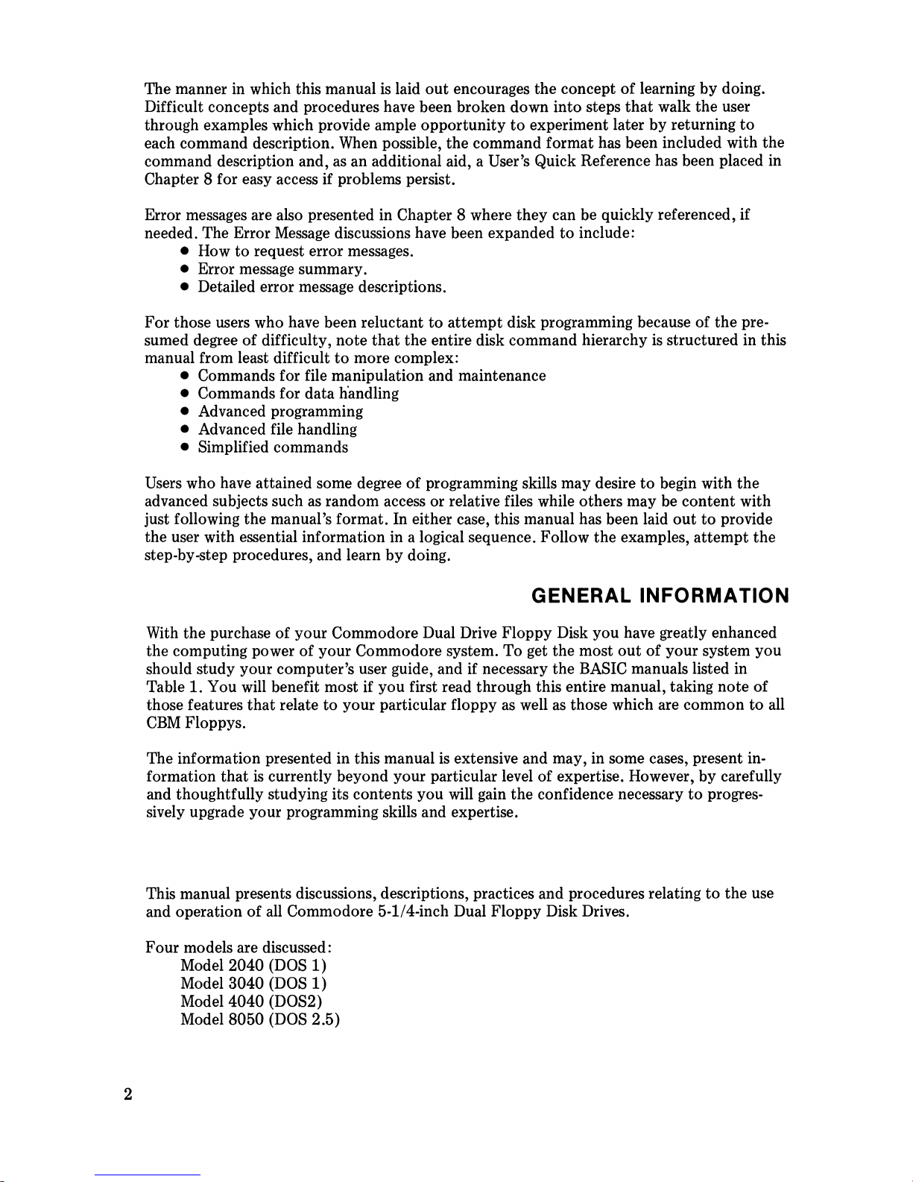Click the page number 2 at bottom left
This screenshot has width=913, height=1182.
128,1094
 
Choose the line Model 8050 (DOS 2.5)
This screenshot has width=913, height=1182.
260,1019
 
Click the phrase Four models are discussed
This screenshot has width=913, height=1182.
238,948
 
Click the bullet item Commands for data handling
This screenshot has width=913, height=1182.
298,394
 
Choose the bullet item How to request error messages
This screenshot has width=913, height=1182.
306,251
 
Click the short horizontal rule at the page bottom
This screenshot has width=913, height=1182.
148,1175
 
